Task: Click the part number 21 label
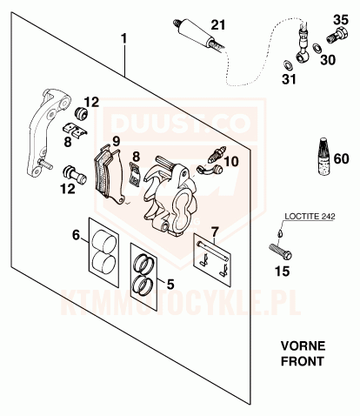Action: click(x=218, y=25)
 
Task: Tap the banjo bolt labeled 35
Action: click(x=337, y=35)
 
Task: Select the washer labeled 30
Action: click(x=317, y=48)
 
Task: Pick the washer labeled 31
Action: click(x=288, y=65)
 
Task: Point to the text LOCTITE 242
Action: click(x=310, y=216)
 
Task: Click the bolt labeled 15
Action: click(x=280, y=252)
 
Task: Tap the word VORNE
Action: click(x=303, y=346)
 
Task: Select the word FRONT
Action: click(x=303, y=361)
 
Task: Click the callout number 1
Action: click(x=123, y=38)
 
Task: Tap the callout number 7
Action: click(x=214, y=231)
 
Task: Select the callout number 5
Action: click(x=170, y=285)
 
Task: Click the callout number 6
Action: click(x=76, y=235)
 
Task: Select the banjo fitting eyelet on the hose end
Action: click(x=303, y=57)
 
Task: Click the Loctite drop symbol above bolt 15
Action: click(x=279, y=232)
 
